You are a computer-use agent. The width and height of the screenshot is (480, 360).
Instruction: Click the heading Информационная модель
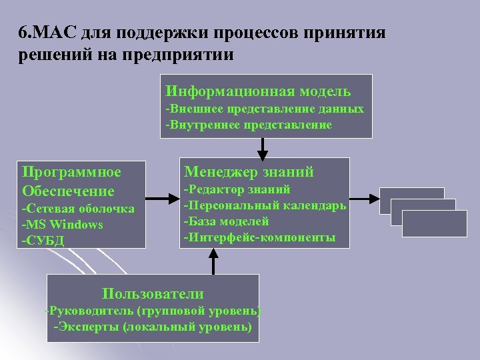tap(258, 91)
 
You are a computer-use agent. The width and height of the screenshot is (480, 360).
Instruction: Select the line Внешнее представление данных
tap(265, 109)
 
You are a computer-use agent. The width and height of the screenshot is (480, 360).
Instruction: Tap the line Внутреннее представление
tap(249, 125)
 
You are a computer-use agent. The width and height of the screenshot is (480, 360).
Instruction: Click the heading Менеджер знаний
tap(249, 172)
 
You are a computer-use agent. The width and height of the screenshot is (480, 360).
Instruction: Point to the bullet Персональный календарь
tap(265, 205)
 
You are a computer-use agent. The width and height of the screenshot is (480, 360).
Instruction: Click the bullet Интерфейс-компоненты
tap(259, 237)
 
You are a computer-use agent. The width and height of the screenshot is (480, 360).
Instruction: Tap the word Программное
tap(71, 172)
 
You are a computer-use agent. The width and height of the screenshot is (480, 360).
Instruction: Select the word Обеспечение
tap(68, 191)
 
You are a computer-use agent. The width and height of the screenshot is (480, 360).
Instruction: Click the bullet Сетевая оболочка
tap(78, 209)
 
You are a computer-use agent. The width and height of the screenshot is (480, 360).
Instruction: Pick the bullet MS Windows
tap(62, 225)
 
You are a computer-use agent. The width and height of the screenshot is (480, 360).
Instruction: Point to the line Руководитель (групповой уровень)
tap(153, 311)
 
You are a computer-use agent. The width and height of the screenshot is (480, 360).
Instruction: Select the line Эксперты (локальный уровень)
tap(153, 327)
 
